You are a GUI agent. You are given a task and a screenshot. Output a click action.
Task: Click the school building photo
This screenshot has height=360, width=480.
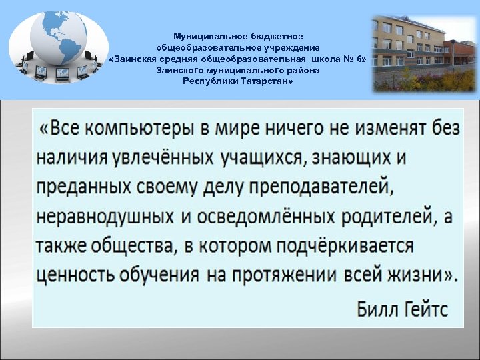pyautogui.click(x=424, y=53)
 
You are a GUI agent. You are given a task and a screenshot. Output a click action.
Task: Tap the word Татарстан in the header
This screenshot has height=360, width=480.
pyautogui.click(x=259, y=81)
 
